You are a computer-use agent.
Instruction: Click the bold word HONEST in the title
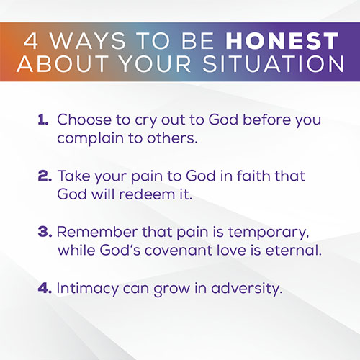tap(282, 41)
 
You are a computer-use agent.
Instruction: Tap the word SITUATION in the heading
tap(274, 64)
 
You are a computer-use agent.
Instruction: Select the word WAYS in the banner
tap(88, 41)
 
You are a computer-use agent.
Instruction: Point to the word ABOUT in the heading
tap(63, 64)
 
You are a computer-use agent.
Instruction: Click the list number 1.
tap(43, 120)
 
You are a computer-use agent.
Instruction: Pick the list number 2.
tap(45, 176)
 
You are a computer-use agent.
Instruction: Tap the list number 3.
tap(45, 232)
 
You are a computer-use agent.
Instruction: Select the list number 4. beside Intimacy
tap(45, 288)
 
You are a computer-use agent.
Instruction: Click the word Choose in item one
tap(84, 120)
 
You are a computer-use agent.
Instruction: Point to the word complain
tap(91, 139)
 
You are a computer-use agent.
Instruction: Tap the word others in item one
tap(172, 138)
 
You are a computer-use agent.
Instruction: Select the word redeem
tap(147, 194)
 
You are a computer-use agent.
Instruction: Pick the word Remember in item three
tap(97, 232)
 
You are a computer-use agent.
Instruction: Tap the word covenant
tap(179, 251)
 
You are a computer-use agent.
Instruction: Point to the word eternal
tap(293, 250)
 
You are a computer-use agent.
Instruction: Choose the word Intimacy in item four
tap(87, 289)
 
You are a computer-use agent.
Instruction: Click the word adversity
tap(246, 289)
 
